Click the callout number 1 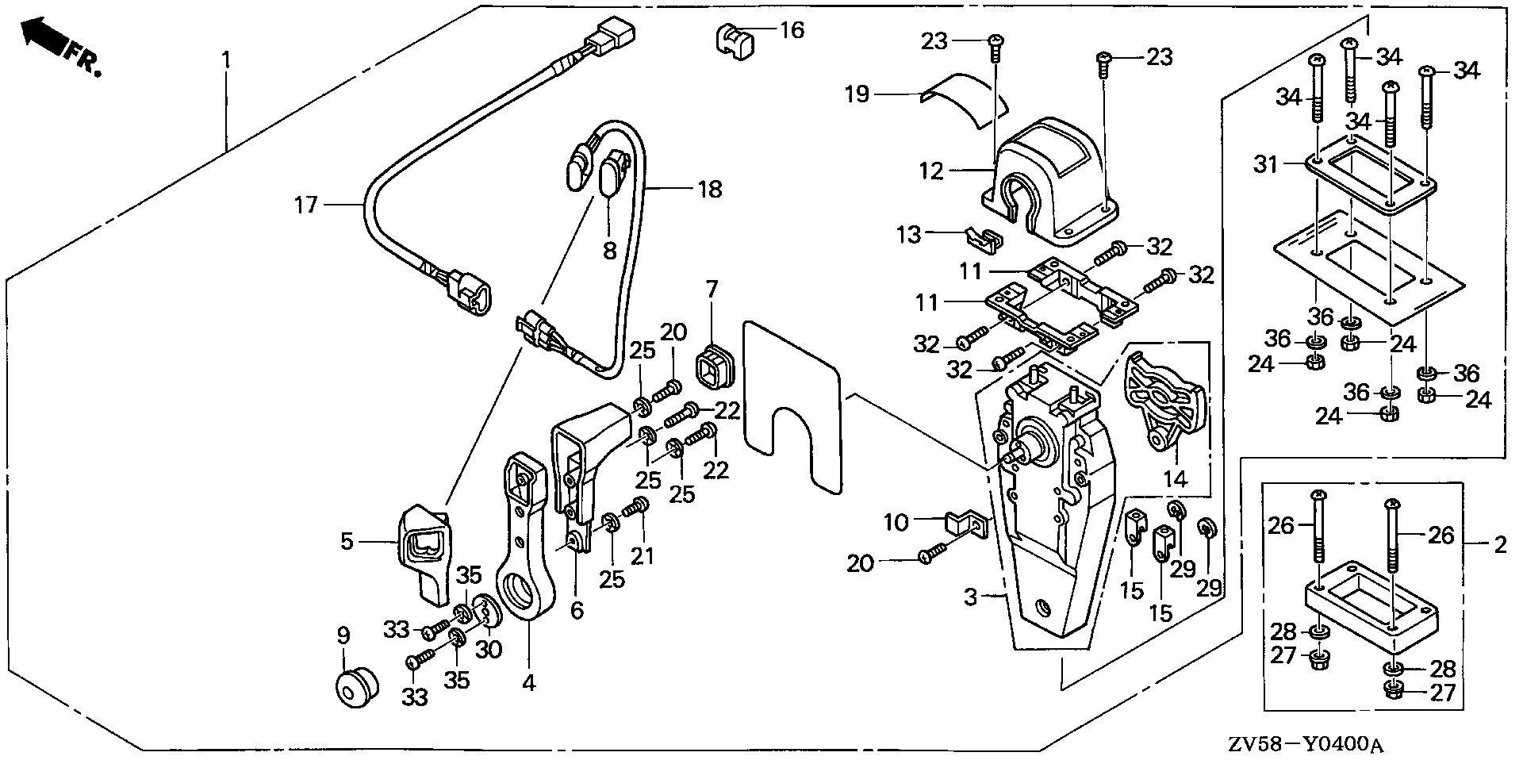point(227,59)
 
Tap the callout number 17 point(305,206)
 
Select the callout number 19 point(857,95)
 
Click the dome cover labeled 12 point(1051,175)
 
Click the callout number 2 point(1499,545)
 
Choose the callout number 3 point(972,597)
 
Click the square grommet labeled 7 point(712,369)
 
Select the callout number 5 point(346,543)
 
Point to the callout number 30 point(489,649)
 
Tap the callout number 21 point(643,555)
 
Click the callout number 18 point(710,189)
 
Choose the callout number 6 point(577,610)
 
